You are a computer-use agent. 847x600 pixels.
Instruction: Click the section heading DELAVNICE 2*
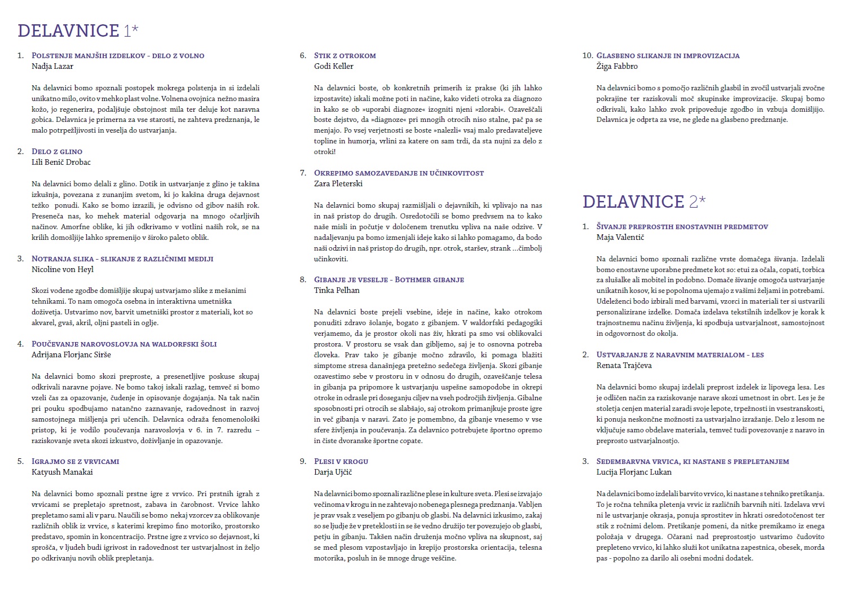(643, 202)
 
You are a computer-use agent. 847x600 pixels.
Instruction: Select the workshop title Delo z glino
(57, 151)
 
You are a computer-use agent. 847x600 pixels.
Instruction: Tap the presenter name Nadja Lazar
(52, 66)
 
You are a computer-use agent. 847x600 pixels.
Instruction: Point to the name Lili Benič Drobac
(61, 162)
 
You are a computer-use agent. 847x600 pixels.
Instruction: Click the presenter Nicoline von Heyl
(63, 269)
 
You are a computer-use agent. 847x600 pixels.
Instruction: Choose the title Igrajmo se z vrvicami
(76, 461)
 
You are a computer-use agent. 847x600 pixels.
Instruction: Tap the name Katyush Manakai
(62, 472)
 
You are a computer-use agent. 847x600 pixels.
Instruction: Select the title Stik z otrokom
(345, 55)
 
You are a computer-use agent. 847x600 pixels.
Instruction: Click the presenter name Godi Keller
(334, 66)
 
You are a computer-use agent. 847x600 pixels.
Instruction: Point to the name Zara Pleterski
(338, 183)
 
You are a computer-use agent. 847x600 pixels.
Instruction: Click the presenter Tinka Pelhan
(337, 290)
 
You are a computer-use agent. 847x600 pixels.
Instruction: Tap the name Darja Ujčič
(333, 472)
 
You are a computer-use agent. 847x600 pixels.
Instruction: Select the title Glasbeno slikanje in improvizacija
(668, 55)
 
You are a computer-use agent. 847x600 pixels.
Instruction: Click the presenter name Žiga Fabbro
(617, 66)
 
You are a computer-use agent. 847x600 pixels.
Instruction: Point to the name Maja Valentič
(620, 237)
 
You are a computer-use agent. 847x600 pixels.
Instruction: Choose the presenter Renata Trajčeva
(624, 365)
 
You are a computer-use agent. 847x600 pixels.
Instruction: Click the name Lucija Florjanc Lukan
(634, 472)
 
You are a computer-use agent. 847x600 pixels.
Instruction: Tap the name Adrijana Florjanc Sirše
(71, 354)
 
